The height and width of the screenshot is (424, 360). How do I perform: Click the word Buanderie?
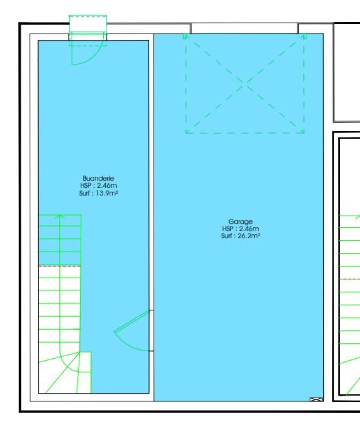click(x=98, y=178)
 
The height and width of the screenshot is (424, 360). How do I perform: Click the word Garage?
click(x=240, y=222)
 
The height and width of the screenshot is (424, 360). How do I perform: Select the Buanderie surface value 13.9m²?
click(x=107, y=194)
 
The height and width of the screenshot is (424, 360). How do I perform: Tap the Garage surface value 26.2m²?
click(x=249, y=236)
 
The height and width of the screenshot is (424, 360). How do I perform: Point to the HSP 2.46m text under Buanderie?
click(x=98, y=185)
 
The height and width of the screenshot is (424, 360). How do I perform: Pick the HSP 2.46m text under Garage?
click(x=240, y=228)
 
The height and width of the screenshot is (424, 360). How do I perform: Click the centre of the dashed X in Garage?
click(x=245, y=84)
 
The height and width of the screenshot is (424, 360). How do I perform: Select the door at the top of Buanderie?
click(x=87, y=48)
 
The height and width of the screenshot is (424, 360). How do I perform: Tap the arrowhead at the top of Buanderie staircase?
click(x=60, y=216)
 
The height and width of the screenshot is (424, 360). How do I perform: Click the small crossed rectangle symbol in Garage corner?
click(x=316, y=399)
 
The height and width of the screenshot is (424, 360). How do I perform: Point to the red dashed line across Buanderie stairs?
click(x=60, y=266)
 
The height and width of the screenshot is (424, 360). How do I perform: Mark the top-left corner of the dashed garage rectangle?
click(x=186, y=35)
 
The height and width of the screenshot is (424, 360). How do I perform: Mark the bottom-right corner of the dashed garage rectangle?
click(x=304, y=133)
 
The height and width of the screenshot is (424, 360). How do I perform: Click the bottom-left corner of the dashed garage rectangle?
click(x=186, y=133)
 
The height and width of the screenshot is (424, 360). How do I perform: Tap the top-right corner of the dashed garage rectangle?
click(x=304, y=35)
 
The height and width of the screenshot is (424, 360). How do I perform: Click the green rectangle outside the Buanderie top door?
click(x=88, y=24)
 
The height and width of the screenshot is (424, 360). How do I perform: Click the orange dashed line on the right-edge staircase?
click(x=350, y=279)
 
